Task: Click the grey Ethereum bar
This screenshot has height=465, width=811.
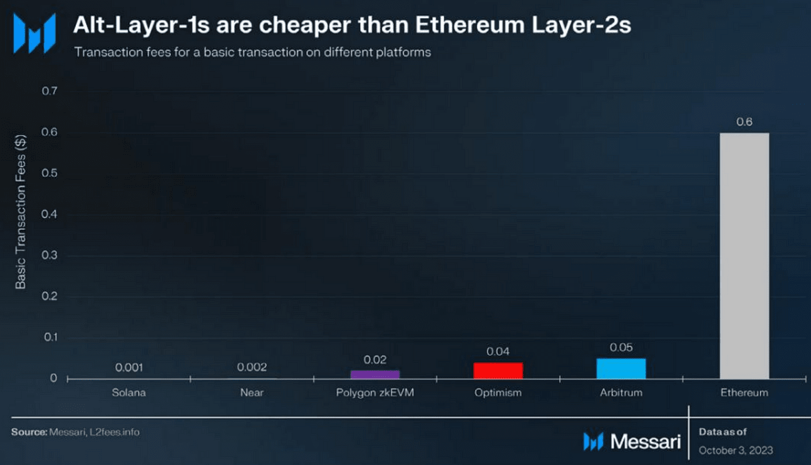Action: click(x=744, y=256)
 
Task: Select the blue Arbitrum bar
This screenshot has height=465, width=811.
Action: click(x=621, y=369)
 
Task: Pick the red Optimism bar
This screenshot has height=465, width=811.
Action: click(x=498, y=370)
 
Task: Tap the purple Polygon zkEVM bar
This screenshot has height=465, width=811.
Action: click(x=375, y=375)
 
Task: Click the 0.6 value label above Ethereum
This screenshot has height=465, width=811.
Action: click(x=744, y=122)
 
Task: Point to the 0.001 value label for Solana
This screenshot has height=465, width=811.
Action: click(x=129, y=367)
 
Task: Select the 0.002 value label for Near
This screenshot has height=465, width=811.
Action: click(x=252, y=367)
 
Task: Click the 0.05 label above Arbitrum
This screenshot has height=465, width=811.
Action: click(x=621, y=347)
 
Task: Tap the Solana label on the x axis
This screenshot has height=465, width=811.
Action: click(x=129, y=393)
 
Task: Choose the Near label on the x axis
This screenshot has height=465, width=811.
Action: click(x=252, y=393)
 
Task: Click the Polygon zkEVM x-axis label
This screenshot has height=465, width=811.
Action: click(x=375, y=393)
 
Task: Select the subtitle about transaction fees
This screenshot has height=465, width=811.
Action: click(x=252, y=52)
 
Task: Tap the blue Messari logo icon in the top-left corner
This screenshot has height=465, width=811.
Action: click(x=34, y=34)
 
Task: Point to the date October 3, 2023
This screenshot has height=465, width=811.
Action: click(x=736, y=450)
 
